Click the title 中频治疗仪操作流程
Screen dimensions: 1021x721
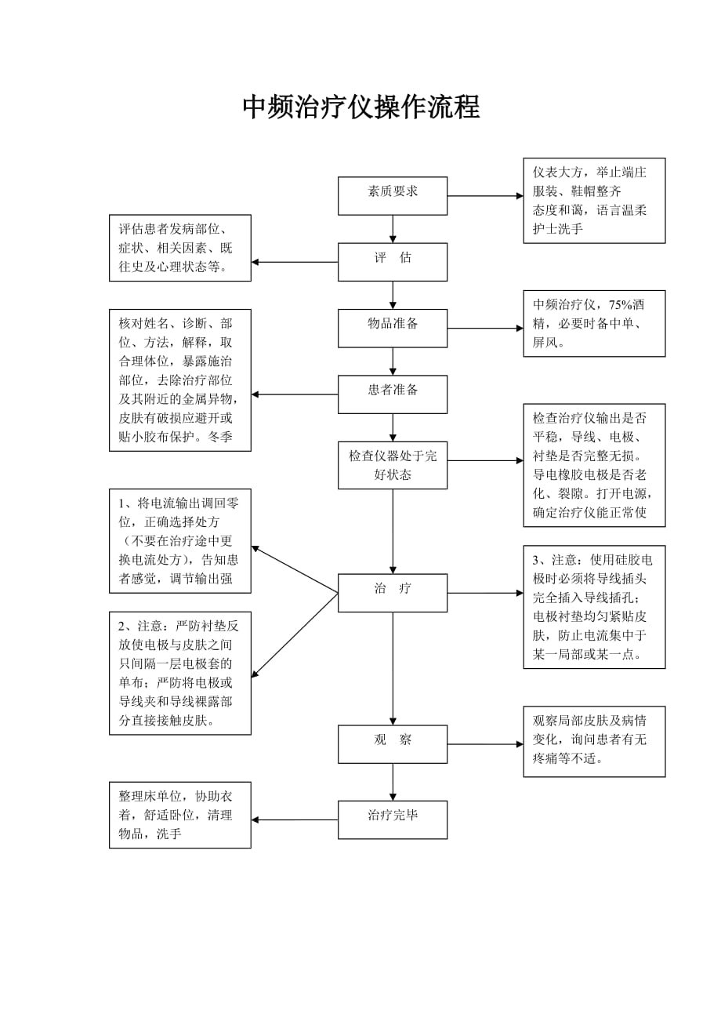pos(360,107)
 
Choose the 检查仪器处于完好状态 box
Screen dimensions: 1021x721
pos(393,466)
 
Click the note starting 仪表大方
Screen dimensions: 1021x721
pos(594,201)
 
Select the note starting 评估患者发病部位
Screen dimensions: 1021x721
pos(180,248)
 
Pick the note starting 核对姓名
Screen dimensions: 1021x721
pos(180,380)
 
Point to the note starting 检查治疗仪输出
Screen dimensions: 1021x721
pos(594,465)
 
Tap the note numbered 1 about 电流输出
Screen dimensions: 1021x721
pos(180,542)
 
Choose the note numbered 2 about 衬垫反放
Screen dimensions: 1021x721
pos(180,673)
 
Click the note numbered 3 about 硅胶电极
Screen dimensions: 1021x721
pos(594,607)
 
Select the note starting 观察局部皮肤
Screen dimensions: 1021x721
pos(594,741)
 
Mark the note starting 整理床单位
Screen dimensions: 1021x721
pos(180,815)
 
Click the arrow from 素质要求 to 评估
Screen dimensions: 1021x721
pos(393,229)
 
